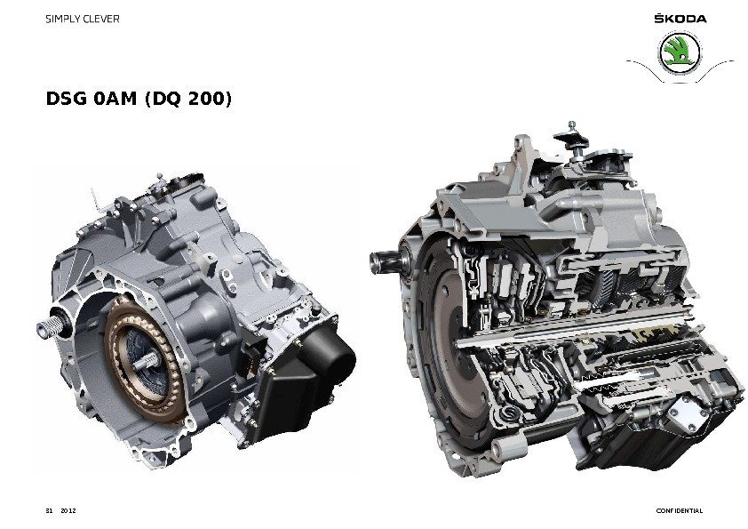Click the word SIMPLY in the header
point(63,19)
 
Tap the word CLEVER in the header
point(101,19)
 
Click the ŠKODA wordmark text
point(680,18)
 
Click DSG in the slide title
point(67,99)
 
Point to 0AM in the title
point(115,99)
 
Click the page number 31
point(49,510)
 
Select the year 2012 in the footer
point(68,510)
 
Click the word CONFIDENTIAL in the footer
point(680,510)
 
